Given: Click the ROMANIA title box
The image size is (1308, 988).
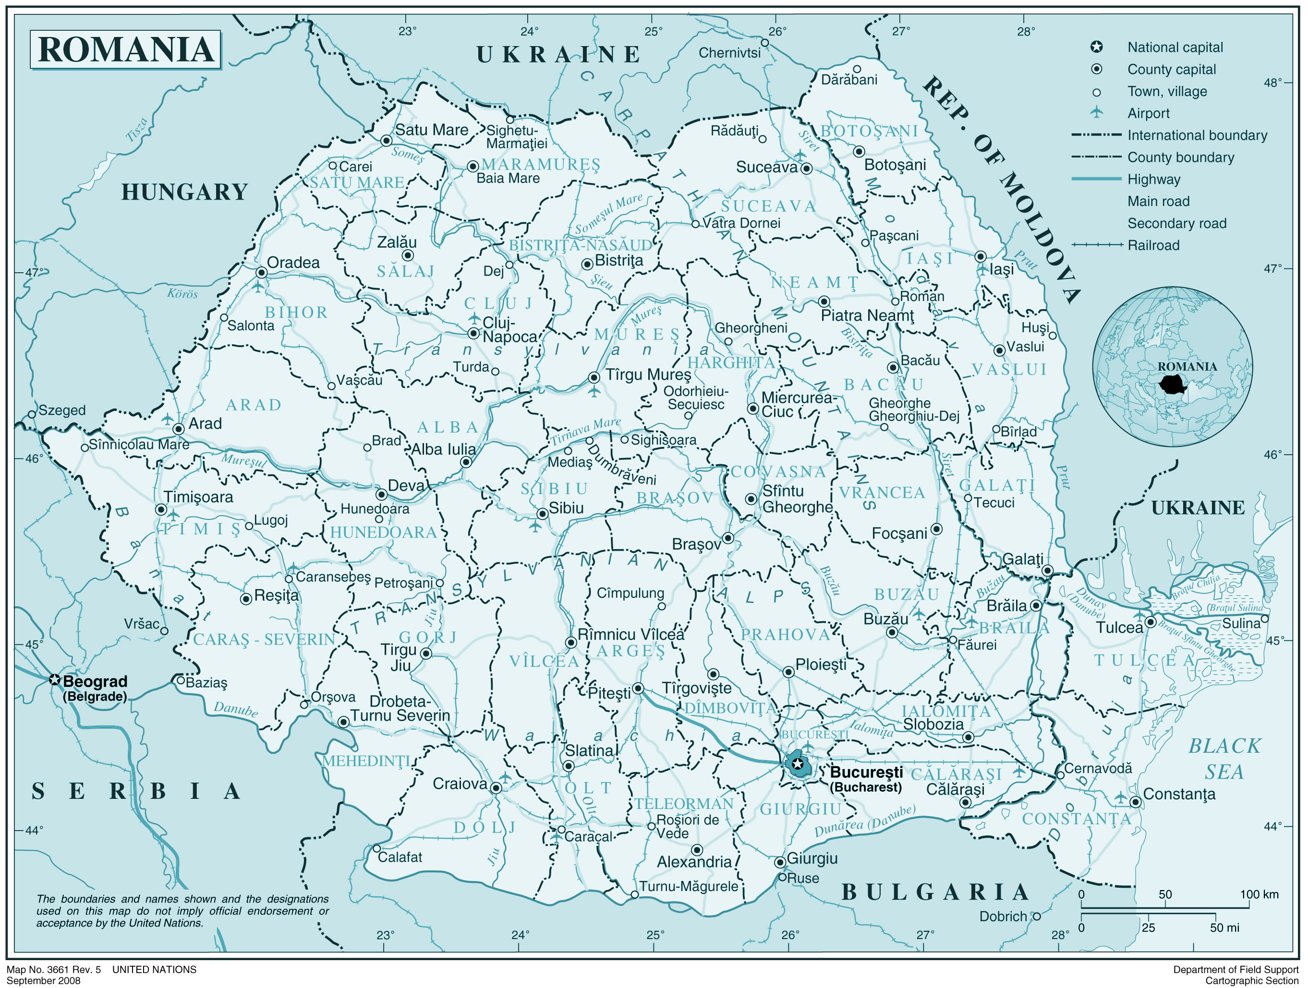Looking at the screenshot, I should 125,49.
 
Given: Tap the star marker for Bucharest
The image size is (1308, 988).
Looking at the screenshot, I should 798,764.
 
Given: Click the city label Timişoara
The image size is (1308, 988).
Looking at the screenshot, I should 199,497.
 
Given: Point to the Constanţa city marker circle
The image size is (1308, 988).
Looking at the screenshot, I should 1135,802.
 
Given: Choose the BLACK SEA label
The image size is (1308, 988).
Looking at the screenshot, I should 1224,759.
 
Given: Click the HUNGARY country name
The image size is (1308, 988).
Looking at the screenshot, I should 184,192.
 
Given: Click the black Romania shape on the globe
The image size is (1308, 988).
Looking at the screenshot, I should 1172,385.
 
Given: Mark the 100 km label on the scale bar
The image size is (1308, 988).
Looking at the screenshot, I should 1259,894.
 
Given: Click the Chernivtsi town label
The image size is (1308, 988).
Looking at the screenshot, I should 730,53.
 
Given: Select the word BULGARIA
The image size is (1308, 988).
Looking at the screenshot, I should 935,892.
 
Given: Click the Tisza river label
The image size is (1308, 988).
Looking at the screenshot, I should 136,130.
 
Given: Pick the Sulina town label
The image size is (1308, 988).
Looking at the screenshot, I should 1241,623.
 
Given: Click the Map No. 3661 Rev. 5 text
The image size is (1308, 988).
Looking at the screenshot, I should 54,970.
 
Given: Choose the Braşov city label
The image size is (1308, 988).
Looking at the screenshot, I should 696,544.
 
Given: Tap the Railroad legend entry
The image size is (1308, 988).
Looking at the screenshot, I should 1152,245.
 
